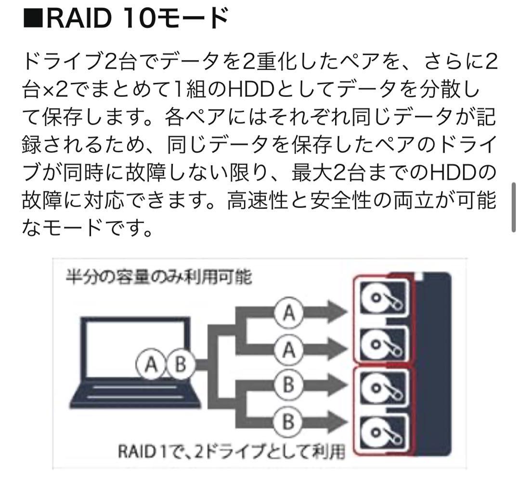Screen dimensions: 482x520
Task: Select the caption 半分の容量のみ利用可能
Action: point(158,277)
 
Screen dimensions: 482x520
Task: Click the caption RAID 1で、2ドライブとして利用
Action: point(232,452)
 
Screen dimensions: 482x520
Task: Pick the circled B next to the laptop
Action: point(180,364)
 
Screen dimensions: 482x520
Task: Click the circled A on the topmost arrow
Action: point(288,314)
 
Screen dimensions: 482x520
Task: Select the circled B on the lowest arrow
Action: point(288,422)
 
